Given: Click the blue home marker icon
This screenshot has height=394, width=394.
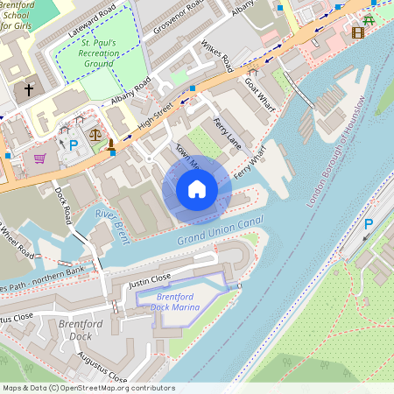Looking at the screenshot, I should point(197,188).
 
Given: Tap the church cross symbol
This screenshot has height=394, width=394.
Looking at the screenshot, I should point(28,89).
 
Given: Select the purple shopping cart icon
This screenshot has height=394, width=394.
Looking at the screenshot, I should point(39,158).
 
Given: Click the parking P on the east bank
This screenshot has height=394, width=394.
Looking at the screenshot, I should point(369,224).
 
